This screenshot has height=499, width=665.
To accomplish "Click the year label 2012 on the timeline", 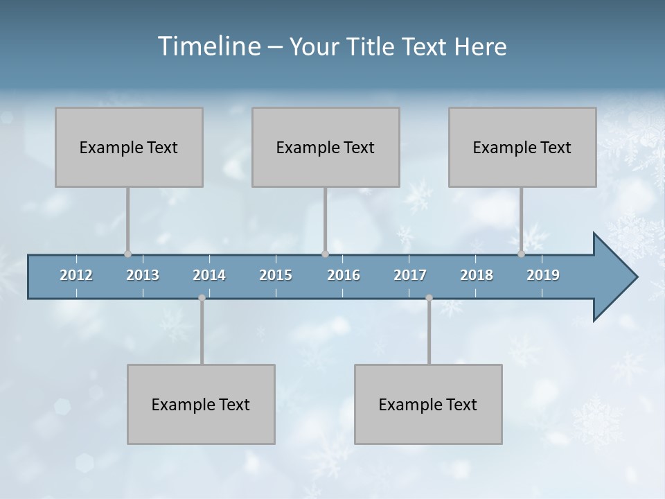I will (x=76, y=275).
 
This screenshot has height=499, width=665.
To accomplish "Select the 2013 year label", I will (x=143, y=275).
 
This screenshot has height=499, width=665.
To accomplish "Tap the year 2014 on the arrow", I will (x=209, y=275).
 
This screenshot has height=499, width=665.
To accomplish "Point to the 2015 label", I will (x=276, y=275).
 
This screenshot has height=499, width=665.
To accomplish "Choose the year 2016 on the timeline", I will (x=344, y=275).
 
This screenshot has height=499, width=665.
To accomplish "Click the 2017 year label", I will (x=410, y=275).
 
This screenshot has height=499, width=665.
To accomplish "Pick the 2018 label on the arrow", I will (x=477, y=275).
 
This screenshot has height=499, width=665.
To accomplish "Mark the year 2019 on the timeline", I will (x=543, y=275).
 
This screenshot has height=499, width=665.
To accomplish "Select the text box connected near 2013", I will (x=129, y=147).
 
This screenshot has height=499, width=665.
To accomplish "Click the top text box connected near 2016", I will (x=326, y=147).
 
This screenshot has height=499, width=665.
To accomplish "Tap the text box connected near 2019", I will (x=522, y=147).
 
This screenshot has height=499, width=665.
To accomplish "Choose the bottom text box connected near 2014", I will (x=201, y=404).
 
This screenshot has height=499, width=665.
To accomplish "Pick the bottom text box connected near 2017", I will (x=428, y=404).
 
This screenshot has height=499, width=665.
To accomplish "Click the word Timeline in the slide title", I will (x=209, y=46).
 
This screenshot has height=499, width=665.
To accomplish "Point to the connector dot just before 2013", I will (x=127, y=254).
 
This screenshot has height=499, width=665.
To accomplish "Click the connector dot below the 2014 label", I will (x=202, y=298).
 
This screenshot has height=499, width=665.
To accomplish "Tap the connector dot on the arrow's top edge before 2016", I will (x=325, y=254).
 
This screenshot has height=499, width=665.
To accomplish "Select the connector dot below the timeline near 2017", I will (x=429, y=298).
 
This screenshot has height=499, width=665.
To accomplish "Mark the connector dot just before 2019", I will (x=521, y=254).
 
